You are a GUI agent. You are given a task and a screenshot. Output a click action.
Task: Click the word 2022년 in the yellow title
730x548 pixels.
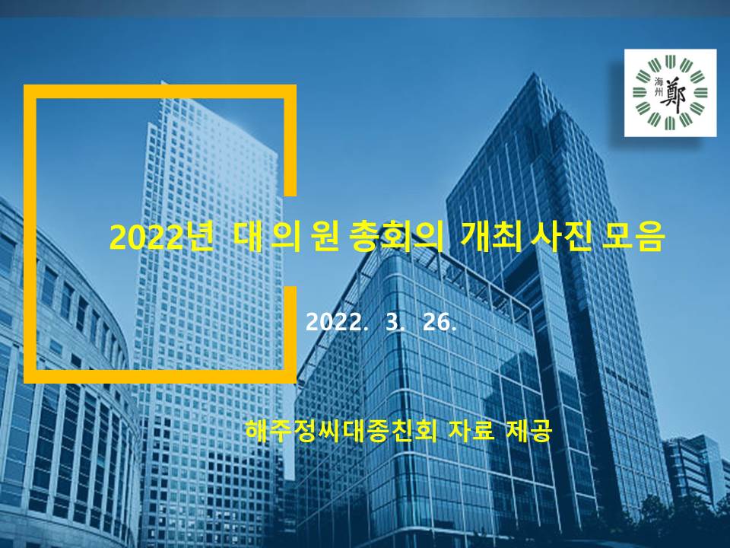point(161,237)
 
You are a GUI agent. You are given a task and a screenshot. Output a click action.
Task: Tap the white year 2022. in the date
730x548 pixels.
point(335,322)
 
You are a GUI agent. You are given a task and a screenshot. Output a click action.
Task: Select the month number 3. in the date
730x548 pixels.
point(395,322)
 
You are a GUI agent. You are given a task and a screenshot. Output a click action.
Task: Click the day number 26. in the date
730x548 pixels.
point(440,322)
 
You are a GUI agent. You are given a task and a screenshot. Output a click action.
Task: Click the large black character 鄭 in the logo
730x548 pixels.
point(675,97)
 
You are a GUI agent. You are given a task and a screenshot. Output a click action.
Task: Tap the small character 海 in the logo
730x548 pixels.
point(659,81)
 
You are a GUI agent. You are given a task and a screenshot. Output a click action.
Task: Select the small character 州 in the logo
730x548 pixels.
point(659,93)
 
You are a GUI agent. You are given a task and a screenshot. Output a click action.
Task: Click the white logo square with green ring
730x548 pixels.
point(671,93)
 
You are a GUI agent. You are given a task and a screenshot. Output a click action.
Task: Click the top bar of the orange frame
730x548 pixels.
point(160,91)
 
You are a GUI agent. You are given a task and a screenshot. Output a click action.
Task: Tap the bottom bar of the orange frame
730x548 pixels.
point(160,377)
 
